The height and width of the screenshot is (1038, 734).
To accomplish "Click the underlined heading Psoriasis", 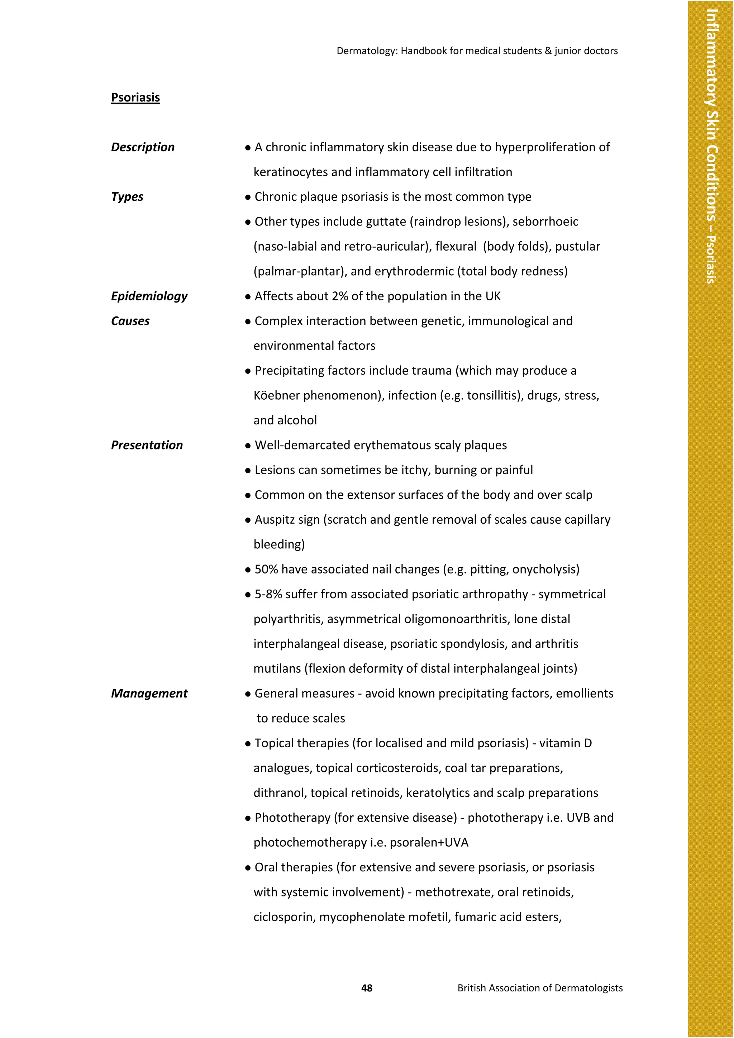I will pos(135,97).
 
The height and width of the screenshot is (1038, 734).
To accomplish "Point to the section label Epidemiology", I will pos(149,296).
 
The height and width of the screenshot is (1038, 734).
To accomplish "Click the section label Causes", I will pos(130,321).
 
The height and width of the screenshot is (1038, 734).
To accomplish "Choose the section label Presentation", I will pos(147,445).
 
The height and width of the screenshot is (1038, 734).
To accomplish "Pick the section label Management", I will pos(149,694).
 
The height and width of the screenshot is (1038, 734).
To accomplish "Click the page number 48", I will pos(367,988).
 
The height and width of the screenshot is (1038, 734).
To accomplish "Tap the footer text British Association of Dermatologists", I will pos(540,988).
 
